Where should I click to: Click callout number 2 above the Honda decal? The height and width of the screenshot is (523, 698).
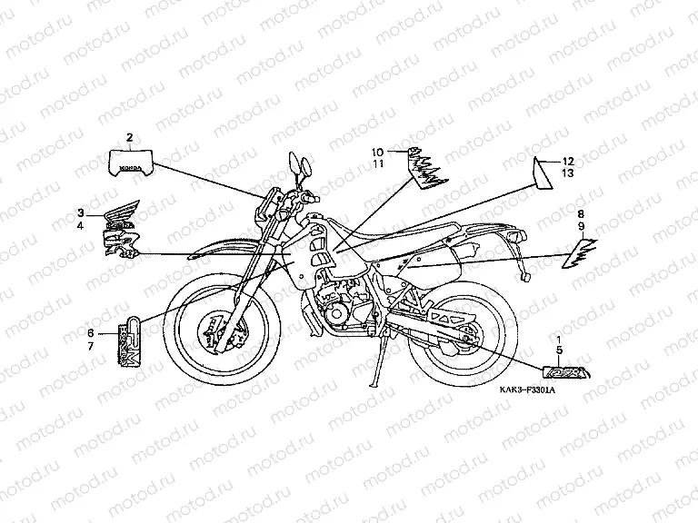(129, 137)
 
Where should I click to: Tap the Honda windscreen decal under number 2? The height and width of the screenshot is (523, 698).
(129, 161)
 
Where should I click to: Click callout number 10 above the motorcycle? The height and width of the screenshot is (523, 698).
(376, 151)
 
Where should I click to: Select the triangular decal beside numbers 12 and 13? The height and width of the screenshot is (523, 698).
(543, 173)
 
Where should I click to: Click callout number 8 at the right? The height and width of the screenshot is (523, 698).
(580, 213)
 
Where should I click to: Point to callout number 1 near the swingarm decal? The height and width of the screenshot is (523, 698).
(559, 337)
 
